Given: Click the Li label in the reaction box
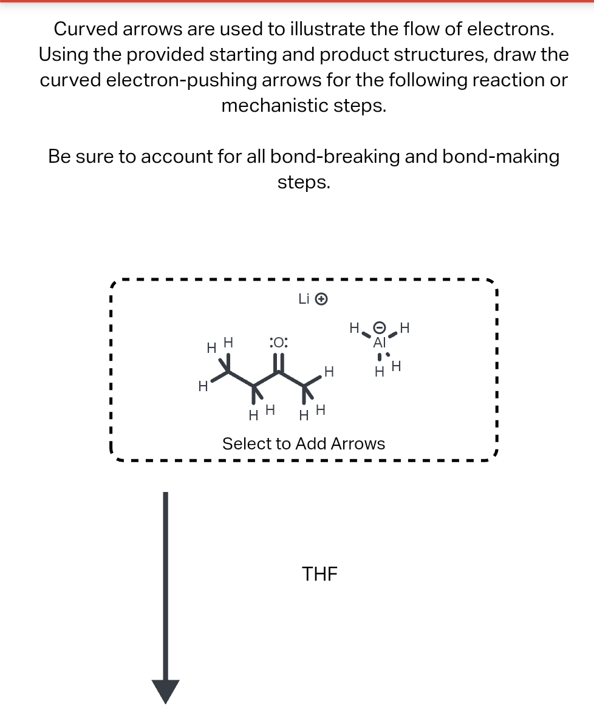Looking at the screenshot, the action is click(304, 299).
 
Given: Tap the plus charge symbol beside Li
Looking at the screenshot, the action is click(323, 299).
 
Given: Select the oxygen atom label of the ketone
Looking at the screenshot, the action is click(278, 343).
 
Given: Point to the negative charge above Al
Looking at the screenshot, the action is click(380, 329).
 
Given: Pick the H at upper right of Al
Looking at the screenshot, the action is click(405, 328).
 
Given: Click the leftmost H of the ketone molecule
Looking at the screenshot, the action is click(203, 386).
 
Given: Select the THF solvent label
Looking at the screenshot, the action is click(320, 573).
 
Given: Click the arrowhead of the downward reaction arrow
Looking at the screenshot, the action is click(165, 691).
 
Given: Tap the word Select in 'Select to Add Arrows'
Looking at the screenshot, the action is click(246, 444).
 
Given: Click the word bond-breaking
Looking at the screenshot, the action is click(335, 157).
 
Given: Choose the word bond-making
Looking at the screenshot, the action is click(500, 157).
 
